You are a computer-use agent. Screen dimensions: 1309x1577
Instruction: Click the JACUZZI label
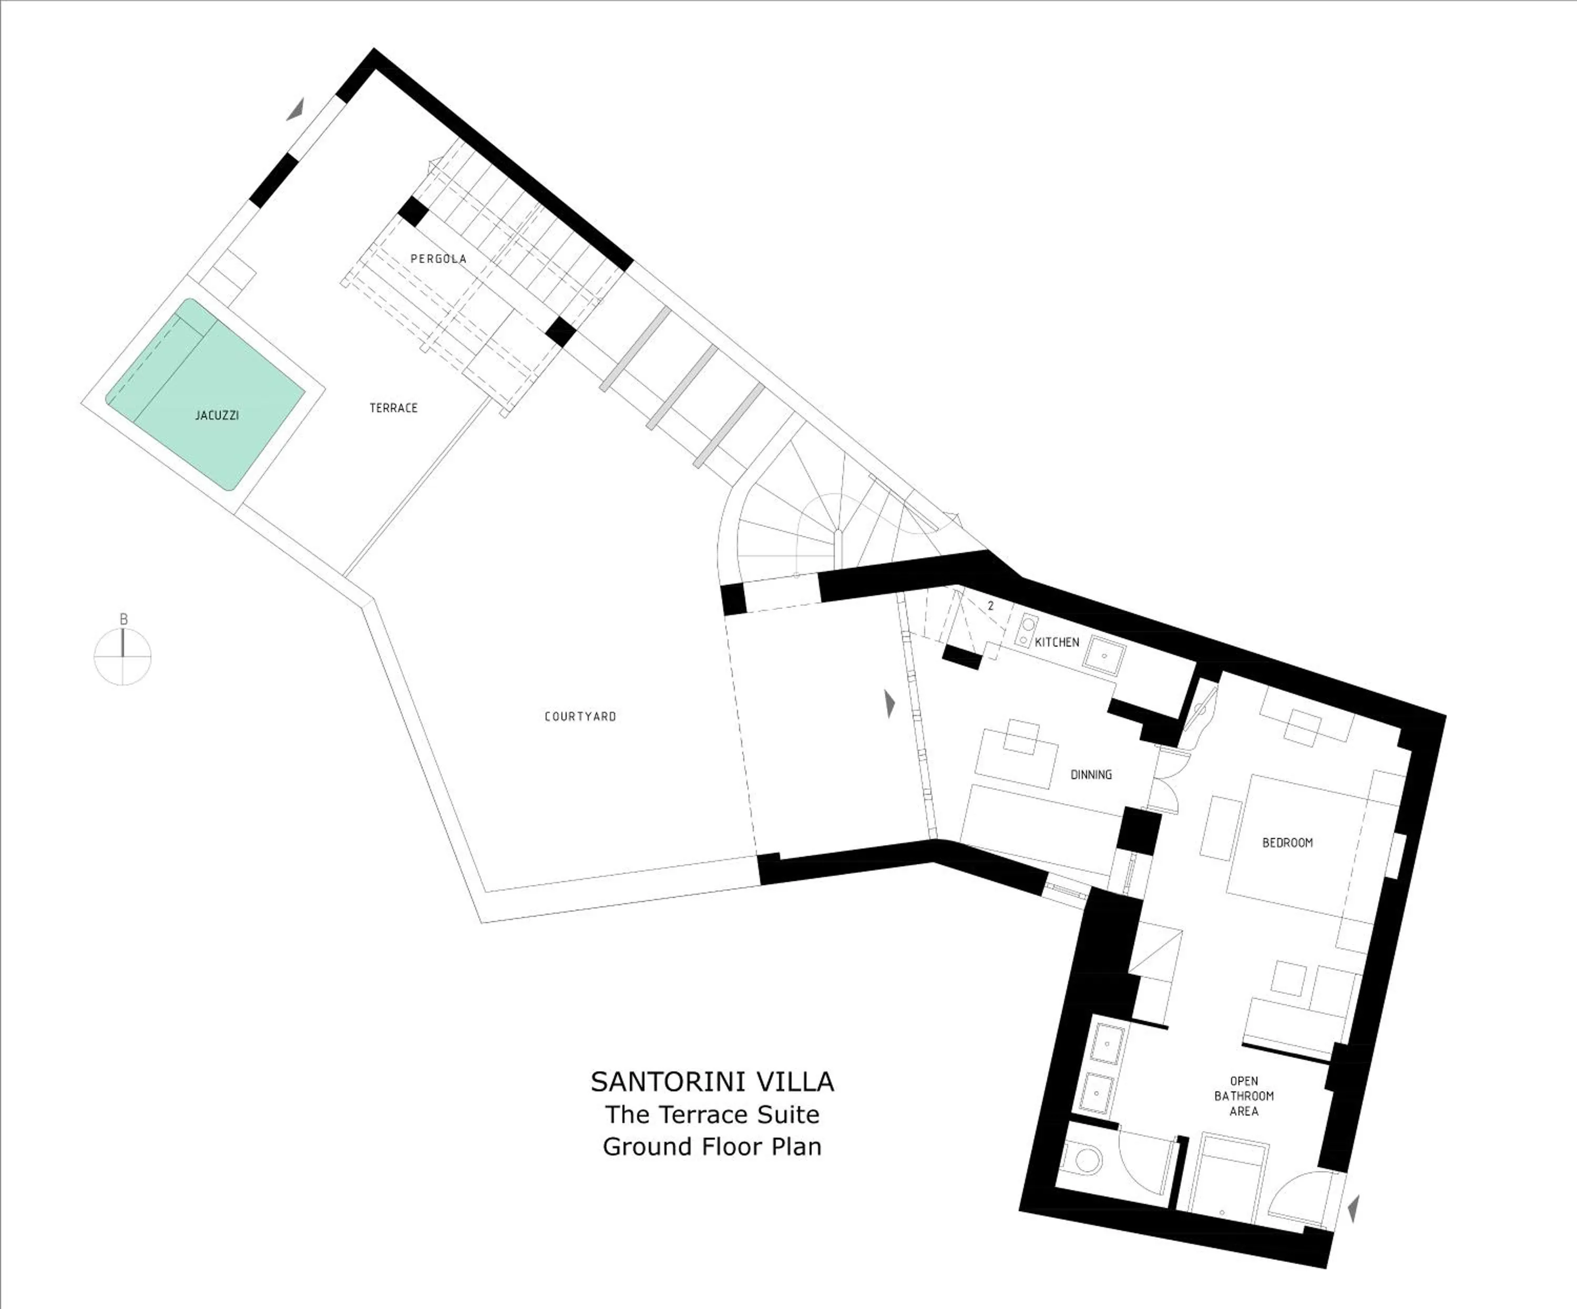coord(217,415)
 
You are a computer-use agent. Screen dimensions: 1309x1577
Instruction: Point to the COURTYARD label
coord(580,717)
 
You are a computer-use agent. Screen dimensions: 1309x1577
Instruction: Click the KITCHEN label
coord(1057,642)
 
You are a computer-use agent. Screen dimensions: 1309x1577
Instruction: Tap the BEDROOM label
coord(1287,843)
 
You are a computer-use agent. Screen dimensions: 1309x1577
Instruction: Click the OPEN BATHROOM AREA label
coord(1244,1096)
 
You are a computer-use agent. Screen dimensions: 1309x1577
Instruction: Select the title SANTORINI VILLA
coord(712,1081)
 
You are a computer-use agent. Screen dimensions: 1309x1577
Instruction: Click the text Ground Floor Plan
coord(712,1147)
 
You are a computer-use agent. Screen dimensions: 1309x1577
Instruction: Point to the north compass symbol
coord(123,654)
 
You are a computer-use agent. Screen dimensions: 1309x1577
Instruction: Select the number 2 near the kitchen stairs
coord(990,605)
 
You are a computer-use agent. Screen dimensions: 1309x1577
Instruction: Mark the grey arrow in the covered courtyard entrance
coord(890,704)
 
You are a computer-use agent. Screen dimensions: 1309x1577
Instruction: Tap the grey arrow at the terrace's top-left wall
coord(296,110)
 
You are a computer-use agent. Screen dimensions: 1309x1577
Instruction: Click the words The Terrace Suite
coord(712,1114)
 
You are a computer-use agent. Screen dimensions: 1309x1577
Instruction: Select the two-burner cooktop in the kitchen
coord(1026,630)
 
